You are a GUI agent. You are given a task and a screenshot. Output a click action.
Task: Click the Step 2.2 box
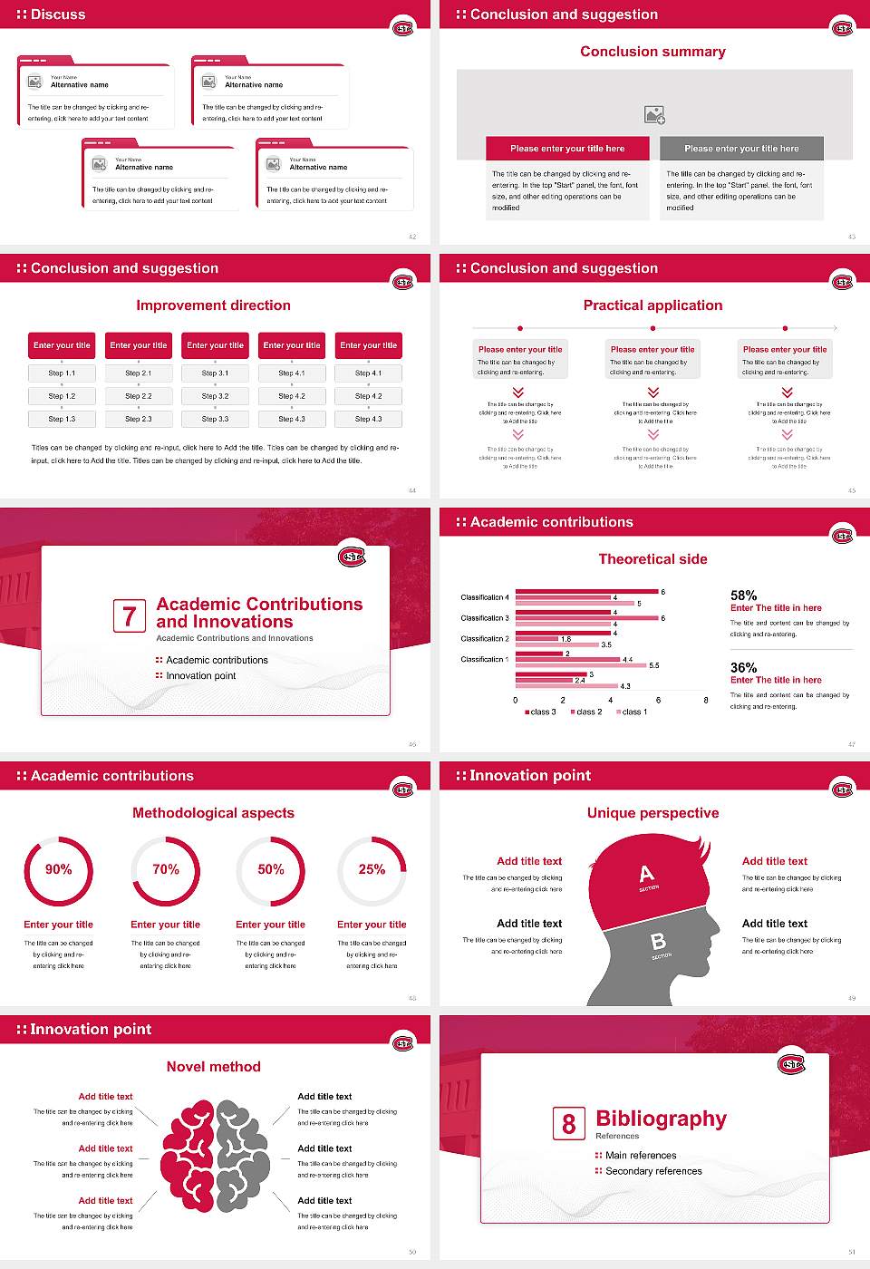tap(139, 396)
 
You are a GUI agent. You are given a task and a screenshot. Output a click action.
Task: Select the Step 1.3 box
tap(63, 419)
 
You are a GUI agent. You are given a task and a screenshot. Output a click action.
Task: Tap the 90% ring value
tap(59, 869)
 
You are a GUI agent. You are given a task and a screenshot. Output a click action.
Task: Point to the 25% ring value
tap(372, 869)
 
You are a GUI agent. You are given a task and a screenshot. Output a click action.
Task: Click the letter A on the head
tap(646, 874)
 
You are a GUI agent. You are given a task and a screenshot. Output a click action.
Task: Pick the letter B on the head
tap(659, 942)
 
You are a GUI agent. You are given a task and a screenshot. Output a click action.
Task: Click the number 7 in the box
tap(130, 616)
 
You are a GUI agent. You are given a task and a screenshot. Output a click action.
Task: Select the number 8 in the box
tap(568, 1124)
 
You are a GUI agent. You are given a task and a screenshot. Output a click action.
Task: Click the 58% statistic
tap(743, 596)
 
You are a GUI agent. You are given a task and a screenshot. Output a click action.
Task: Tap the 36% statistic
tap(743, 668)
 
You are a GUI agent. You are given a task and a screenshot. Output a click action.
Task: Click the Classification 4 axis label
tap(485, 597)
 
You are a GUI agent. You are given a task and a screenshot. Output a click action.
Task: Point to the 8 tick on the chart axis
tap(706, 700)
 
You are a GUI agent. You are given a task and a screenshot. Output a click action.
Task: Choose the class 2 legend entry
tap(586, 712)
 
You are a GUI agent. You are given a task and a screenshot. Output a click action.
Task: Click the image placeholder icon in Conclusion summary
tap(654, 114)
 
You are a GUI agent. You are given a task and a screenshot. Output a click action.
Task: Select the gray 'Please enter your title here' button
tap(741, 149)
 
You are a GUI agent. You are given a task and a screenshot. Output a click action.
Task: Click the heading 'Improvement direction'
tap(213, 305)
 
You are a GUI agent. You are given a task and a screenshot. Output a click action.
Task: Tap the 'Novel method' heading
tap(213, 1067)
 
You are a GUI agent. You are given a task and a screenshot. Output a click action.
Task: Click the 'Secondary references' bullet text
tap(653, 1171)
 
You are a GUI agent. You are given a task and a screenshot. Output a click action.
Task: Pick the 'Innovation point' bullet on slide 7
tap(200, 676)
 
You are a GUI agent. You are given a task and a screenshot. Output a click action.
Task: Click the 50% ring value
tap(271, 869)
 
